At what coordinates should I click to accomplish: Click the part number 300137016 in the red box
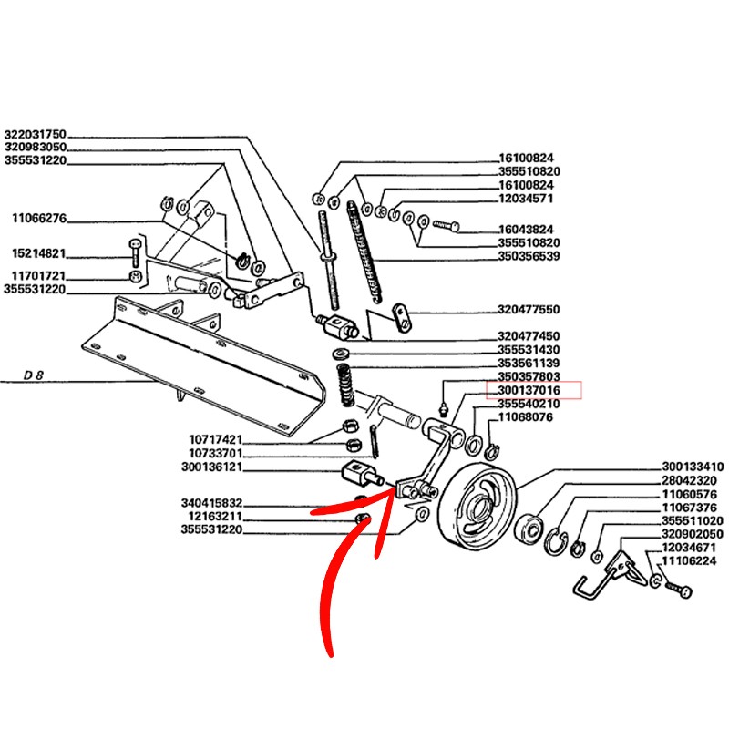[529, 390]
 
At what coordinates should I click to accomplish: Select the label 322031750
[35, 133]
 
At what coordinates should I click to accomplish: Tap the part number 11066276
[38, 218]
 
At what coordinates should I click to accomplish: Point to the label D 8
[35, 375]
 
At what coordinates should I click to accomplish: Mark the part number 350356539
[529, 256]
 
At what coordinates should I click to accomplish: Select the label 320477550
[529, 310]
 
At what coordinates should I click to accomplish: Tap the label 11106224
[689, 561]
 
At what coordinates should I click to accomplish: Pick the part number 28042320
[689, 479]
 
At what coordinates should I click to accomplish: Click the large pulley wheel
[477, 512]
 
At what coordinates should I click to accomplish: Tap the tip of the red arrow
[394, 492]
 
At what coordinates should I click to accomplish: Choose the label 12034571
[526, 198]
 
